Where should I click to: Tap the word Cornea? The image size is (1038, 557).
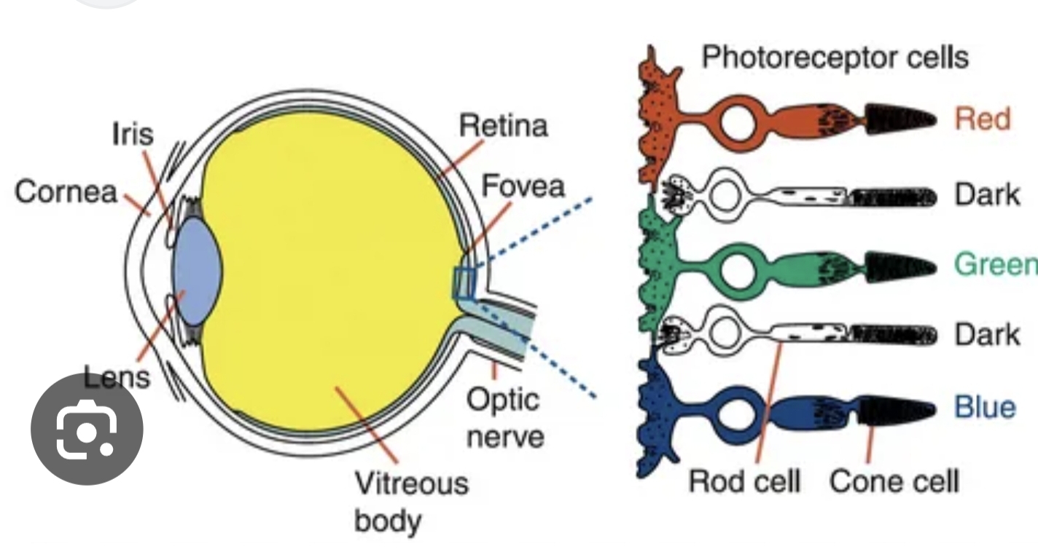tap(66, 192)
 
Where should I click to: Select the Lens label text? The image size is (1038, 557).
tap(117, 376)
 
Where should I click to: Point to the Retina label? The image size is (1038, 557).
tap(503, 126)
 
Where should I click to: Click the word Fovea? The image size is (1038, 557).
tap(523, 186)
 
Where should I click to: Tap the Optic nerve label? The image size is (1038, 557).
tap(504, 418)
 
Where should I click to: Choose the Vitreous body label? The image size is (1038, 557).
tap(410, 502)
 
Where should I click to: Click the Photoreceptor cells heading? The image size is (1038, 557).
tap(835, 57)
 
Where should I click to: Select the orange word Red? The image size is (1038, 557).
tap(983, 119)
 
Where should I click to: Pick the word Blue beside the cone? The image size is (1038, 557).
tap(985, 407)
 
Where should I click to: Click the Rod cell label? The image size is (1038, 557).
tap(744, 481)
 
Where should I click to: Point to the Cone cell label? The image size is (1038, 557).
tap(894, 481)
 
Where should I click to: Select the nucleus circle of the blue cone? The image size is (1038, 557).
tap(739, 414)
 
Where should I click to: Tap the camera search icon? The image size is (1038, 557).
tap(87, 430)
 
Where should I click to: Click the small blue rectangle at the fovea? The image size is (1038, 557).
tap(464, 283)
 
